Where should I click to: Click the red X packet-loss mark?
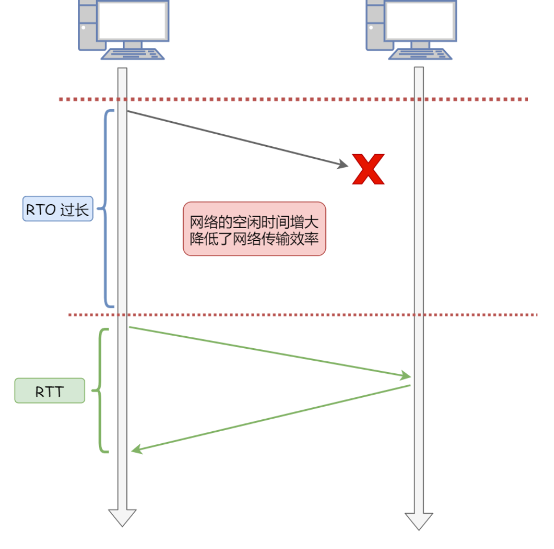(x=368, y=170)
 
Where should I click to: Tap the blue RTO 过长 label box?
(x=57, y=209)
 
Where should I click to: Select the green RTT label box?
(x=49, y=391)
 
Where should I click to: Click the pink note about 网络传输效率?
(x=254, y=229)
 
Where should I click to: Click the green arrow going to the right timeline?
(x=267, y=351)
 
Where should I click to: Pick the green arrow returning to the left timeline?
(x=273, y=418)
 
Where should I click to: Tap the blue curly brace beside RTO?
(x=105, y=209)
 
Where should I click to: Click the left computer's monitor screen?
(x=133, y=20)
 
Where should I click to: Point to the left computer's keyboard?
(x=133, y=54)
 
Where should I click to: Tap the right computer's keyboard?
(x=420, y=54)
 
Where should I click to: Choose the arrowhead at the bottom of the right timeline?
(x=419, y=520)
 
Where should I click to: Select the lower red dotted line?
(x=301, y=315)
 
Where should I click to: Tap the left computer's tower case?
(x=87, y=26)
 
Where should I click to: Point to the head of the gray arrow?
(x=343, y=165)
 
